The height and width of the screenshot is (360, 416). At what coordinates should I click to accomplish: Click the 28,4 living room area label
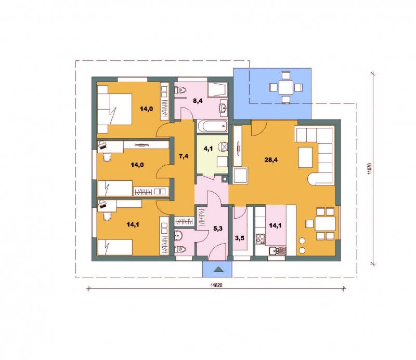coord(271,159)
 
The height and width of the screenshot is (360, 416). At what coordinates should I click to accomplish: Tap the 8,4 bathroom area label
coord(198,101)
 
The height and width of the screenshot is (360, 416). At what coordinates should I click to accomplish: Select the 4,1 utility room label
coord(208,149)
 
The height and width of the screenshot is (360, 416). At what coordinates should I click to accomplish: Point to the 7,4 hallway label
coord(184,156)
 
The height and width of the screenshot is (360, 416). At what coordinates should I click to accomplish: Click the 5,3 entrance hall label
coord(218,229)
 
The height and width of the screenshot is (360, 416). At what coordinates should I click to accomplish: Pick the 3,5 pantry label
coord(240,238)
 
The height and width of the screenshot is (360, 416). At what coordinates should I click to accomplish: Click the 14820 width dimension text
coord(216,285)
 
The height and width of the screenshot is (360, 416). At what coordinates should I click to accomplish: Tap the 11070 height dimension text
coord(370,169)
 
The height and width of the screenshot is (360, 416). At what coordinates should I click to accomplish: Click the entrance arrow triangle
coord(218,270)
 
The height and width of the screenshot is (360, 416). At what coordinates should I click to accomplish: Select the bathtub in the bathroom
coord(213,126)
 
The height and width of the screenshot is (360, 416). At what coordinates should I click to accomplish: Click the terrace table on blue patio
coord(285,87)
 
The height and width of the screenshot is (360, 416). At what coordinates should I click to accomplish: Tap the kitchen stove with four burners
coord(261,239)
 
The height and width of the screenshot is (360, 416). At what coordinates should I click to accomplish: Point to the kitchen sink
coord(278,250)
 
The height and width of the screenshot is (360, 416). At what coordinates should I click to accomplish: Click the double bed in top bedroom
coord(114,109)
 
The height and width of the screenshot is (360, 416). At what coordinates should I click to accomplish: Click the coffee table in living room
coord(305,157)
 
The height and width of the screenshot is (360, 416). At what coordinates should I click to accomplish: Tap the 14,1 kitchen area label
coord(276,225)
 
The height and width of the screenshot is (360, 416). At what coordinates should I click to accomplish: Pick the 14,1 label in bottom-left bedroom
coord(133,225)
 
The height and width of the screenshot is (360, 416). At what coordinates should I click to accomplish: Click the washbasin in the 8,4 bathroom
coord(223,108)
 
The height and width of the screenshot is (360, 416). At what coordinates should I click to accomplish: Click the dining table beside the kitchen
coord(326,224)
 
